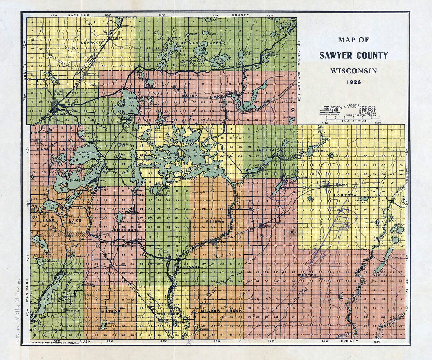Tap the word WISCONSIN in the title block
353,70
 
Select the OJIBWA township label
214,221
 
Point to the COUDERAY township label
123,230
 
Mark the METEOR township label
110,311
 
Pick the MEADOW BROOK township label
221,311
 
